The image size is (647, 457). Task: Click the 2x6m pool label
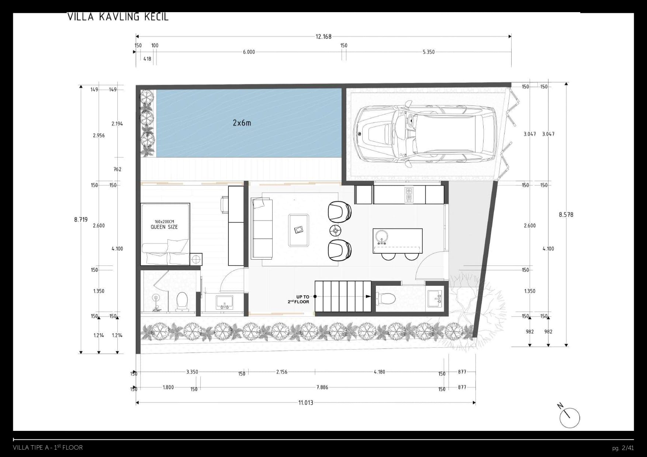[242, 123]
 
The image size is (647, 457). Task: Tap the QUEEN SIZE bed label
[164, 227]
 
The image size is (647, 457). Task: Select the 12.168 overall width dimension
[323, 36]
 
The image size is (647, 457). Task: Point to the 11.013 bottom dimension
[305, 402]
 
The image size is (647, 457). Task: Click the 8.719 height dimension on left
[81, 219]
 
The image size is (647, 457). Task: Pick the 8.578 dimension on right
[566, 215]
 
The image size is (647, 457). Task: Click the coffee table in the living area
[299, 230]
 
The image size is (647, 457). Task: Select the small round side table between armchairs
[335, 231]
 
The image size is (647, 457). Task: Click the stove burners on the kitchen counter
[409, 194]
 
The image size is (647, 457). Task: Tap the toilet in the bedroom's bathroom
[181, 300]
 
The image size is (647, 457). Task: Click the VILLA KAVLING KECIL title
[118, 17]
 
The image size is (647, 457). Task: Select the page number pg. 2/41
[623, 448]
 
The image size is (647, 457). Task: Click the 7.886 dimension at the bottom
[322, 387]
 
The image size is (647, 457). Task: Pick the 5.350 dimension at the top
[428, 52]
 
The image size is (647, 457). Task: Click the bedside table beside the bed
[196, 259]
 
